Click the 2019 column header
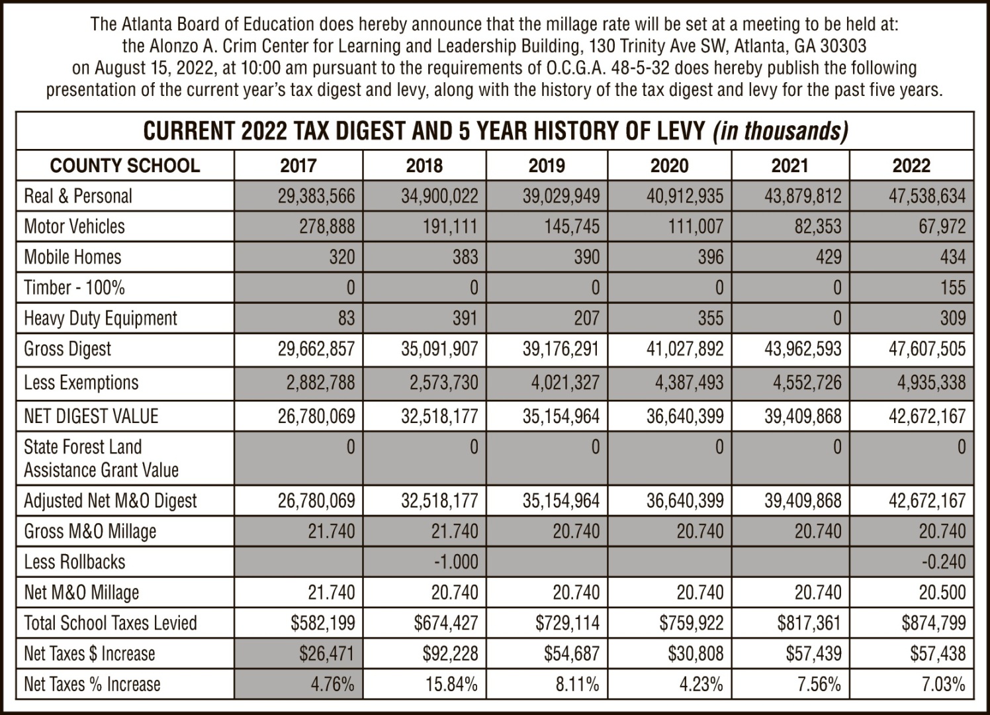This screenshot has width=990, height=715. coord(547,166)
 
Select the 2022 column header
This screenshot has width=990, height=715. coord(911,166)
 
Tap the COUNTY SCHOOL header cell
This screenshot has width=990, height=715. coord(125,166)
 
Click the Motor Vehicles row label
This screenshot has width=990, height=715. coord(74,226)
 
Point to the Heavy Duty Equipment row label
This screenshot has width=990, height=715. coord(101,318)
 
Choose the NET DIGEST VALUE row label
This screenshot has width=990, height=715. coord(91,416)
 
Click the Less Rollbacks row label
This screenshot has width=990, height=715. coord(75,562)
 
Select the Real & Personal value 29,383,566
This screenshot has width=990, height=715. coord(316,197)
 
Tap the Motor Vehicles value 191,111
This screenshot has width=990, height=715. coord(450,227)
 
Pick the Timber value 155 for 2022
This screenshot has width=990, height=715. coord(952,288)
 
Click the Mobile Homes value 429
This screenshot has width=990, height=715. coord(827,258)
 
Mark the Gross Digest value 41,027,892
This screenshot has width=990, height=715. coord(685,349)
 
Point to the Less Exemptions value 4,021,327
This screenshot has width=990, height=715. coord(561,383)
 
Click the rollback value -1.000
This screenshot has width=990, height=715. coord(456,562)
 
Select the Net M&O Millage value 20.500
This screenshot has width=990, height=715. coord(942,593)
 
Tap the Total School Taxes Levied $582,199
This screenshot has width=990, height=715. coord(323,623)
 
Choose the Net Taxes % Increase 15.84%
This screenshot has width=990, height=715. coord(451,684)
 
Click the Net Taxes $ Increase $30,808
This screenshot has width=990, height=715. coord(696,654)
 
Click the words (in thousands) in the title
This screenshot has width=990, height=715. coord(780,131)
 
